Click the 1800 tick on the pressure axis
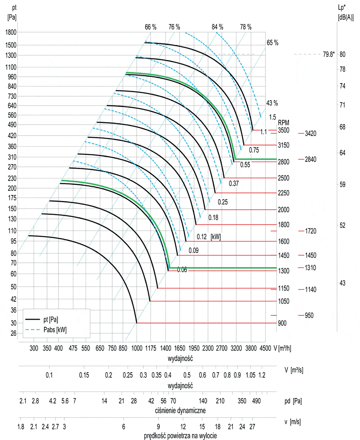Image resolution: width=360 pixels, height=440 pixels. click(10, 32)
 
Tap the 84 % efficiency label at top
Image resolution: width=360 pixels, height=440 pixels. click(217, 27)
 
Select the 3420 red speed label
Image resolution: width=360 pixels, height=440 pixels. click(310, 134)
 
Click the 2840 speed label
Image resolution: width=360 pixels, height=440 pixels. click(310, 159)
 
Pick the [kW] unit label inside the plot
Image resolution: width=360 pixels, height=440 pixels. click(216, 236)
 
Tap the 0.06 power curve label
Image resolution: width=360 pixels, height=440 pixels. click(182, 270)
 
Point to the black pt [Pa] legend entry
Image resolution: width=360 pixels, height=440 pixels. click(50, 319)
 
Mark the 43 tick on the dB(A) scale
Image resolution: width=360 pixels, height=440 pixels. click(343, 283)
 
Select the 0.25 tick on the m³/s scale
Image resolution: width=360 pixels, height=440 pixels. click(127, 376)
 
